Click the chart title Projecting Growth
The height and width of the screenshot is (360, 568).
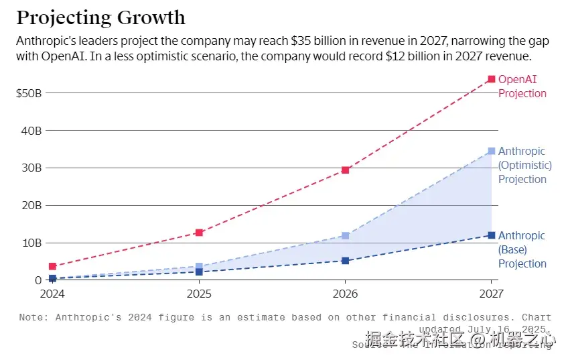pyautogui.click(x=100, y=17)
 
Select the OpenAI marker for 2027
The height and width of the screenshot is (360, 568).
pyautogui.click(x=491, y=79)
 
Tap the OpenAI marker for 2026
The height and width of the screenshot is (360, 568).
pyautogui.click(x=345, y=170)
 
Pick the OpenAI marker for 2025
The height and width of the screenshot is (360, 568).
pyautogui.click(x=199, y=233)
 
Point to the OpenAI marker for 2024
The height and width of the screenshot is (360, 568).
pyautogui.click(x=52, y=266)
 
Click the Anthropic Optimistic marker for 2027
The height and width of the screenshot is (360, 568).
pyautogui.click(x=491, y=151)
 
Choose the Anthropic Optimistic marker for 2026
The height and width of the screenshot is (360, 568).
pyautogui.click(x=345, y=236)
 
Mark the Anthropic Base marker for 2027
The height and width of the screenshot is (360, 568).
pyautogui.click(x=491, y=235)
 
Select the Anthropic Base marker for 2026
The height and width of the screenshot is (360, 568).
pyautogui.click(x=345, y=261)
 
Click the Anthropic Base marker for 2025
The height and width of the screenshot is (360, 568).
pyautogui.click(x=199, y=272)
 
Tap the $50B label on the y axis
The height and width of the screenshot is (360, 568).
pyautogui.click(x=29, y=93)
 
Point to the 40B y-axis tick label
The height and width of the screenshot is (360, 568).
pyautogui.click(x=32, y=130)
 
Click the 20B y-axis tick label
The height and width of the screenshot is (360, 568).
pyautogui.click(x=32, y=205)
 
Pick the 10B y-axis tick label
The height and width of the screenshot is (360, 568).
pyautogui.click(x=32, y=243)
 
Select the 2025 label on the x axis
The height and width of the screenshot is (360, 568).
pyautogui.click(x=199, y=294)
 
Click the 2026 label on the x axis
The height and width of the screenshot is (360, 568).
pyautogui.click(x=345, y=294)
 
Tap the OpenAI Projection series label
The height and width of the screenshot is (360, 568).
pyautogui.click(x=522, y=86)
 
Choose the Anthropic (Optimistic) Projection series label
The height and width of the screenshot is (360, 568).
pyautogui.click(x=524, y=165)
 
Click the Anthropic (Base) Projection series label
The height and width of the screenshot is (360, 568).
pyautogui.click(x=522, y=249)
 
